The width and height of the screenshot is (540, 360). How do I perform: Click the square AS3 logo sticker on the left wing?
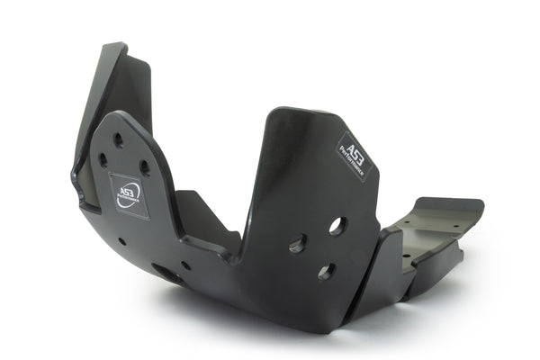129,195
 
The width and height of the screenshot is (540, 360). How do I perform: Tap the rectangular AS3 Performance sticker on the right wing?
354,155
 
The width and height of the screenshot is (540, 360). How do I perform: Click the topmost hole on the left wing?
118,139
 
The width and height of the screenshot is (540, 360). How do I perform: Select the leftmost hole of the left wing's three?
103,160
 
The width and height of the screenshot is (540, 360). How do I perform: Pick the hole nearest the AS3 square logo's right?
144,167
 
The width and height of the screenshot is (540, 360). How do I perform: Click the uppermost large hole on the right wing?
337,226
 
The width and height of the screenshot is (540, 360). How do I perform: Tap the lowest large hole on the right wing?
326,271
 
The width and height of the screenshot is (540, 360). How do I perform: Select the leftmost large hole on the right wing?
297,243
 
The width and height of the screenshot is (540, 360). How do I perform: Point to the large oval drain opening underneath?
167,273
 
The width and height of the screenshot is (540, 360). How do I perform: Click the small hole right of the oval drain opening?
185,265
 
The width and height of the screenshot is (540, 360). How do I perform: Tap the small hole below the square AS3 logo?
121,241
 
